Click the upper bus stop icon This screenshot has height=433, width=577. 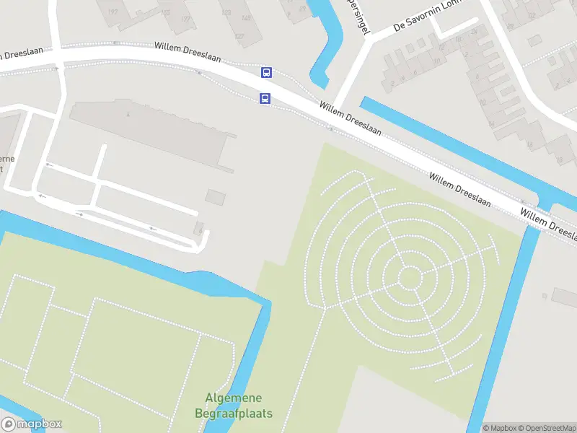coord(266,72)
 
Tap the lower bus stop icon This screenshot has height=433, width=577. coord(265,99)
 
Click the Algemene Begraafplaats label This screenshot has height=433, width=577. coord(234,406)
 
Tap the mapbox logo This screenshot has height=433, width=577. coord(32,424)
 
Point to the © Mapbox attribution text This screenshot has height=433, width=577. coord(500,428)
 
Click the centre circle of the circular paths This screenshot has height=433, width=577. coord(410,277)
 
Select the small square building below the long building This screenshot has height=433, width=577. coord(215,196)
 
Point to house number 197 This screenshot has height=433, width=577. coord(113,12)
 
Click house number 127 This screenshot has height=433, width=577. coord(239,36)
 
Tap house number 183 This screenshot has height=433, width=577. coord(165,14)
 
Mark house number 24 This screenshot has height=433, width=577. coord(474,31)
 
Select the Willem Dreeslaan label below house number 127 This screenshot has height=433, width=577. coord(188,51)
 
